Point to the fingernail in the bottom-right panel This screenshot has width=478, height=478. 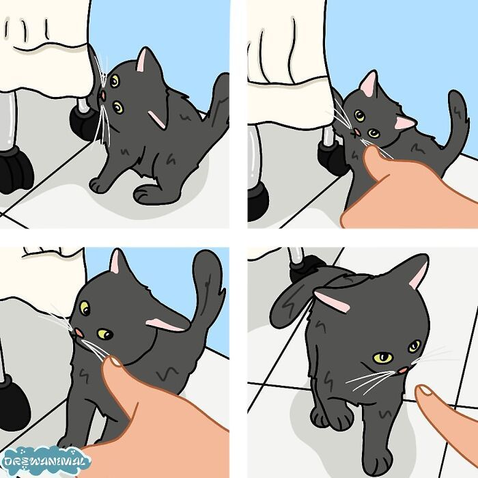tap(425, 391)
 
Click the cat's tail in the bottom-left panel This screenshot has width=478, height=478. tap(207, 287)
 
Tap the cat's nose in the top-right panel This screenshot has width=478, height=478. tap(358, 131)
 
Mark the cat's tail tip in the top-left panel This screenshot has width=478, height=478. tap(221, 85)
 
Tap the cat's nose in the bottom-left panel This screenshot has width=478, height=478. tap(80, 332)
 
